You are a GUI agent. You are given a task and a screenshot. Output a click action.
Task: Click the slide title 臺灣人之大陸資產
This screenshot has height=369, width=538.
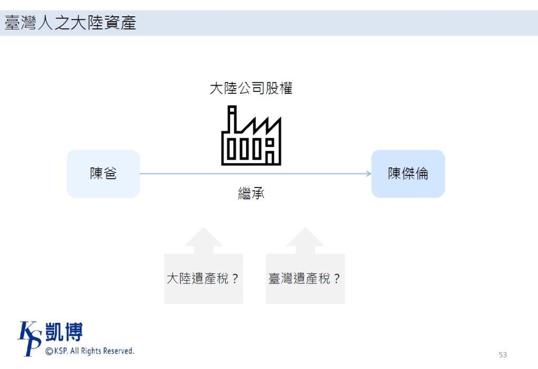click(x=70, y=23)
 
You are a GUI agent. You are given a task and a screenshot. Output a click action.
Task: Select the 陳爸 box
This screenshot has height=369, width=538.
click(x=103, y=174)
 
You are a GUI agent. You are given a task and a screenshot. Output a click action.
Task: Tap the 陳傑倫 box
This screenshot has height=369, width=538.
click(x=408, y=174)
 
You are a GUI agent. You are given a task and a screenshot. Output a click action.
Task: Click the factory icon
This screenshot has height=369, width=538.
click(x=251, y=136)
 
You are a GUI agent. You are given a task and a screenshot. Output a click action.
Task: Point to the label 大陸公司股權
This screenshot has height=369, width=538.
click(x=251, y=88)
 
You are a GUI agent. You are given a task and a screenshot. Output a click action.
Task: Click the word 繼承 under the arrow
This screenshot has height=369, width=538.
click(x=251, y=194)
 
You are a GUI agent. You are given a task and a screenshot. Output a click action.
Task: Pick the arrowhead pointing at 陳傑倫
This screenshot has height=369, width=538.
click(x=369, y=174)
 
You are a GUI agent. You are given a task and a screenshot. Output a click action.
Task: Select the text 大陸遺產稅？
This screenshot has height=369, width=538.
click(x=203, y=279)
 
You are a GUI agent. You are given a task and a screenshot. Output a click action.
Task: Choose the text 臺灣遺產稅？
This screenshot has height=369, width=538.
click(x=304, y=279)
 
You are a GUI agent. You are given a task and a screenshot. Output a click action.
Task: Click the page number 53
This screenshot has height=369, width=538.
click(x=503, y=355)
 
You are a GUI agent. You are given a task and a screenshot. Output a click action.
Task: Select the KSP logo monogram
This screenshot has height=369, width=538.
click(x=29, y=338)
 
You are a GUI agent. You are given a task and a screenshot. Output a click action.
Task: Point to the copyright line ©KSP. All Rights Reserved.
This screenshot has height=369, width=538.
click(x=89, y=351)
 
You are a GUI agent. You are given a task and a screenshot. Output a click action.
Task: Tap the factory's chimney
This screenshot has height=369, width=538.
click(x=232, y=118)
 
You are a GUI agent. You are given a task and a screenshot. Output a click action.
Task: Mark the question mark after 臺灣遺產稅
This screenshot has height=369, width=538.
click(x=337, y=279)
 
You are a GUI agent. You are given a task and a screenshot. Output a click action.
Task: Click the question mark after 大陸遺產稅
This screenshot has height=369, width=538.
click(x=235, y=279)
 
